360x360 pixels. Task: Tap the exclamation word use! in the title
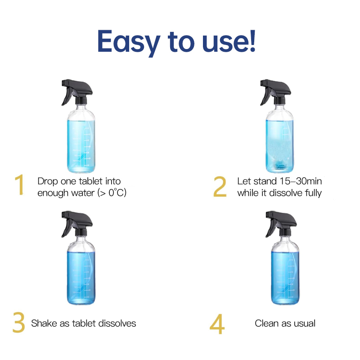click(x=230, y=41)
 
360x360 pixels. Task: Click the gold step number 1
click(x=19, y=186)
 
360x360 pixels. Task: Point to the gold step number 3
click(x=18, y=323)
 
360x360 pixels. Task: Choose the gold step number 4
click(x=217, y=324)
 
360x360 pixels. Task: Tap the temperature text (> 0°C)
click(x=108, y=193)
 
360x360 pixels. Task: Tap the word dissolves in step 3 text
click(x=118, y=323)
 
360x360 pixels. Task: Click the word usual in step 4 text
click(x=304, y=323)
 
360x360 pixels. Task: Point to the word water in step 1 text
click(x=78, y=193)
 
